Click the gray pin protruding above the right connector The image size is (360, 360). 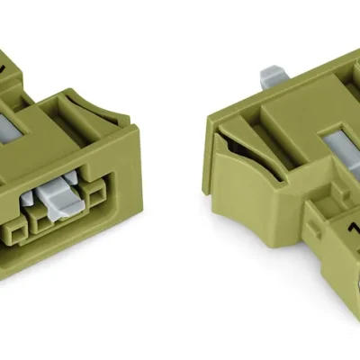pos(270,78)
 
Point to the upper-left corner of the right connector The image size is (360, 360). pos(210,117)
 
